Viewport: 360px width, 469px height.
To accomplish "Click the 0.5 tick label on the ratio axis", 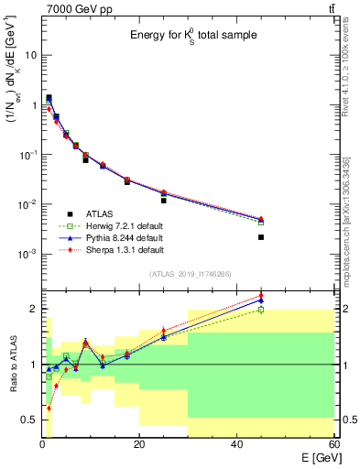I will coord(29,420).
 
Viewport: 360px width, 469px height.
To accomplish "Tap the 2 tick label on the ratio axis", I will coord(33,309).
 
